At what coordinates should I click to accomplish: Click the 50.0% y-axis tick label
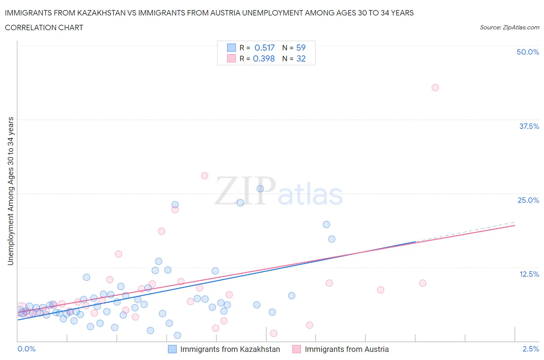click(x=527, y=52)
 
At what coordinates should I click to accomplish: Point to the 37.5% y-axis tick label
click(x=529, y=126)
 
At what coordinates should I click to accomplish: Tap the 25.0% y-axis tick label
click(x=528, y=200)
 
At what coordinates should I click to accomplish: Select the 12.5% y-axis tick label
click(x=529, y=274)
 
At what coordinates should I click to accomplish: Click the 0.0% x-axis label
click(x=26, y=349)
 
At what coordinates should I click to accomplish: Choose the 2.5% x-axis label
click(x=530, y=349)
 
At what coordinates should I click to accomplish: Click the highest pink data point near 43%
click(x=435, y=87)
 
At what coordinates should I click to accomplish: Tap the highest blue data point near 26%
click(x=260, y=189)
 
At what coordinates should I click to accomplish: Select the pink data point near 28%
click(x=204, y=176)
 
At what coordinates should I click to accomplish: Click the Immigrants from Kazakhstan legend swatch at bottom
click(x=172, y=349)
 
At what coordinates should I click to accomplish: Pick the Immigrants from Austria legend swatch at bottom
click(x=296, y=349)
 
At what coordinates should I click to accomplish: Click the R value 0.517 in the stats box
click(x=264, y=48)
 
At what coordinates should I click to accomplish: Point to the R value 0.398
click(x=264, y=58)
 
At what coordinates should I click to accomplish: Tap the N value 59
click(x=301, y=48)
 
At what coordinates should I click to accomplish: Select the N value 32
click(x=301, y=58)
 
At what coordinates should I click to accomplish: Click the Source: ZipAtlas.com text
click(x=509, y=27)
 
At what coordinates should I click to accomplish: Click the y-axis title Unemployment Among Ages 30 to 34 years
click(x=10, y=191)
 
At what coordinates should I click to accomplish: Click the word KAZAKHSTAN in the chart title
click(x=101, y=13)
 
